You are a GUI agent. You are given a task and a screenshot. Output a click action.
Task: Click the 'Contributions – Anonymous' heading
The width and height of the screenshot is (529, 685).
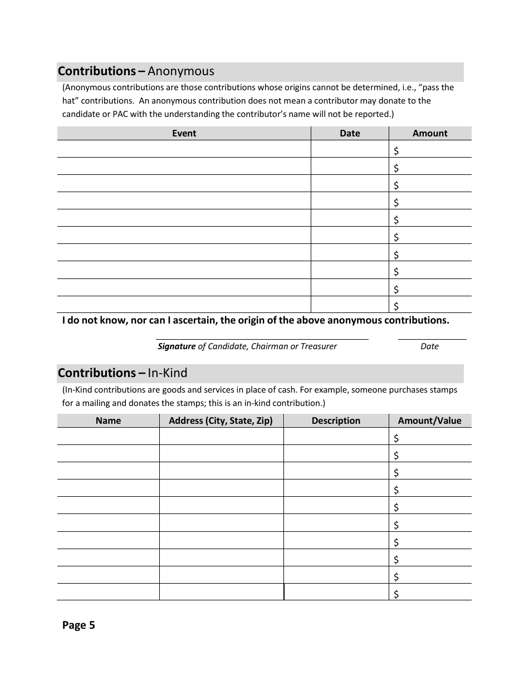[136, 71]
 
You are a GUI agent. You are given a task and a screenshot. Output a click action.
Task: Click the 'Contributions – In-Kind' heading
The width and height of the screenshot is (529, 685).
[123, 373]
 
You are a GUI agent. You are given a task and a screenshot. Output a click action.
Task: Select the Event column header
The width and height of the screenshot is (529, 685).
[184, 133]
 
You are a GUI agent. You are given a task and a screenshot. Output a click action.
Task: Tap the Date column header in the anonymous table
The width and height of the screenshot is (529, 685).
[350, 133]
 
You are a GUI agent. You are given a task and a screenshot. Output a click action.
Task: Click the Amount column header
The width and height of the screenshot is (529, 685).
[430, 133]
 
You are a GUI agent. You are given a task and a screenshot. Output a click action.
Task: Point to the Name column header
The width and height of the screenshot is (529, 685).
[108, 420]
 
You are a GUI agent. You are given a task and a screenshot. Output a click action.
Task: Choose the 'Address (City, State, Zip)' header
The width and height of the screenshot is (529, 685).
[221, 420]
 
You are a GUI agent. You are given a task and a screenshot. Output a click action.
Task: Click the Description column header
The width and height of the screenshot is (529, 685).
[336, 420]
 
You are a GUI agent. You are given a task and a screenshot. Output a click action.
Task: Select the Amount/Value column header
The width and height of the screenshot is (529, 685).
[430, 420]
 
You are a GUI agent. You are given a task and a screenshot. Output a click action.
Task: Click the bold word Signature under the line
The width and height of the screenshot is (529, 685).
[177, 346]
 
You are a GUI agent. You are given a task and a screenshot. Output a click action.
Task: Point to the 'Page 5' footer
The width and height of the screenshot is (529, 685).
[79, 625]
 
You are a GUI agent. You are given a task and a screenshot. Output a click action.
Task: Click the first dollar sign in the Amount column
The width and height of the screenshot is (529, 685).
[396, 150]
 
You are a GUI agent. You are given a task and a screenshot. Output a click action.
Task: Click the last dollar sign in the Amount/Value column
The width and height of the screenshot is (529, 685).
[396, 594]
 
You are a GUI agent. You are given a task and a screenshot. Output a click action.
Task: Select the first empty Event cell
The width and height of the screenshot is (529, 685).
[184, 149]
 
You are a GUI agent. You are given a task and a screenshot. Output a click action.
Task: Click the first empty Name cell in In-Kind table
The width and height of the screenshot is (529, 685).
[108, 437]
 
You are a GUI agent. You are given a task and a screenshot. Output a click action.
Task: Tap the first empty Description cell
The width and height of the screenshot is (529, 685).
[336, 437]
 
